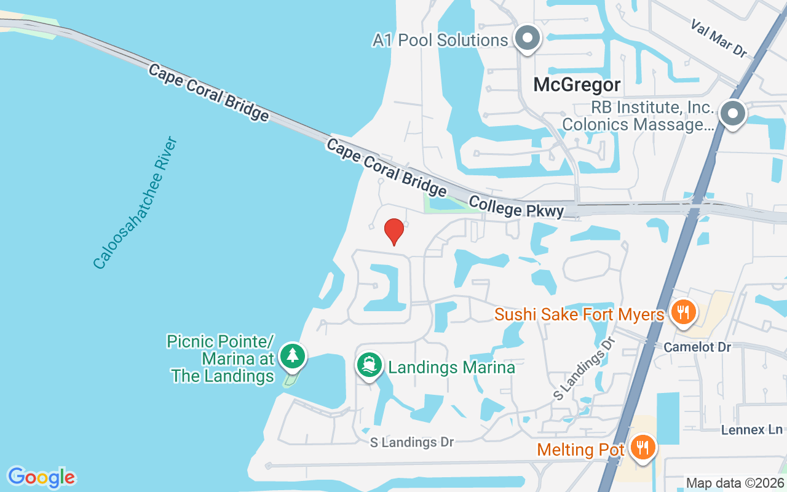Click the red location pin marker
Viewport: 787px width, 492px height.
[393, 231]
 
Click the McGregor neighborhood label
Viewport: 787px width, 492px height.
[577, 84]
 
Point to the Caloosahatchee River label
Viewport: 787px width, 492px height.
[135, 203]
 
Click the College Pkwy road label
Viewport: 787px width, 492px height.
[516, 207]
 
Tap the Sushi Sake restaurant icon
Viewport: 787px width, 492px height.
[682, 312]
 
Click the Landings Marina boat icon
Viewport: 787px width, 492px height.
[368, 365]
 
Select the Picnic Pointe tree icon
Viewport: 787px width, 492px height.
[293, 355]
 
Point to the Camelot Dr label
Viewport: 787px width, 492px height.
[697, 347]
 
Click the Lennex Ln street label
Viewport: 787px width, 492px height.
[752, 429]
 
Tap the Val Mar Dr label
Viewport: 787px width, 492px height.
[718, 38]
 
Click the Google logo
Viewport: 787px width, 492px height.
[41, 477]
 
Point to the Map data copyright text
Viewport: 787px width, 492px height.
[735, 483]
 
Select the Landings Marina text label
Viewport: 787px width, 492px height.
[451, 368]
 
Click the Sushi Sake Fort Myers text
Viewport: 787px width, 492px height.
[580, 315]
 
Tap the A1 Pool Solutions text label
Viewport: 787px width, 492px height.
[440, 41]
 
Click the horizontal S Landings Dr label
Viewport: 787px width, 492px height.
[412, 442]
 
